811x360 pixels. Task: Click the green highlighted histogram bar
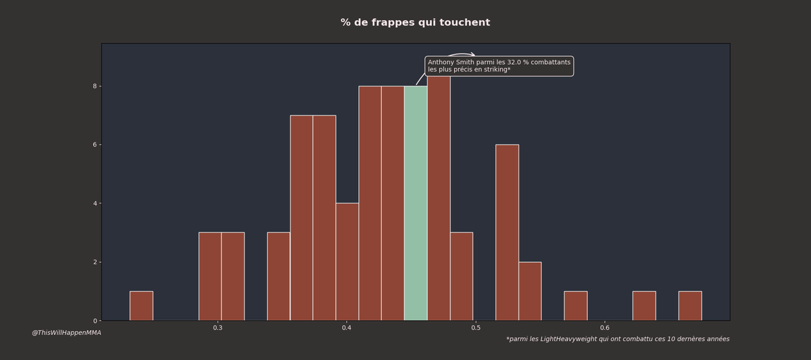[416, 203]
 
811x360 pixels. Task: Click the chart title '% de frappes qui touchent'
[415, 23]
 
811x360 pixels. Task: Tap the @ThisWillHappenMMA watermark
[66, 333]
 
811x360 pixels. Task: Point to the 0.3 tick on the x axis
[218, 328]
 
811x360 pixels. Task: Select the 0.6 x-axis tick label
[605, 328]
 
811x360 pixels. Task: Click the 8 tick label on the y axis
[95, 86]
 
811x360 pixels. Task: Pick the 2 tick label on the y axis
[95, 262]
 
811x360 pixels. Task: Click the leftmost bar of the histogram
[141, 306]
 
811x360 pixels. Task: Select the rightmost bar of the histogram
[690, 306]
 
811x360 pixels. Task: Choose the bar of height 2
[530, 291]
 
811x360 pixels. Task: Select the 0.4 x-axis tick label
[347, 328]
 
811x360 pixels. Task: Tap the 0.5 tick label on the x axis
[476, 328]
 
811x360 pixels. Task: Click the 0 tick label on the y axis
[95, 321]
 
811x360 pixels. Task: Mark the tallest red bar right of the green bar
[439, 203]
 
